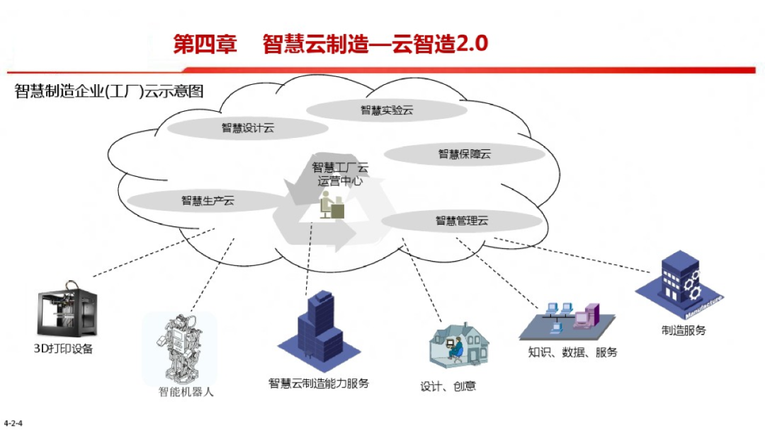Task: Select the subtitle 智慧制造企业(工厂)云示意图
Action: [109, 91]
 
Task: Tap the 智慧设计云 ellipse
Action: [247, 128]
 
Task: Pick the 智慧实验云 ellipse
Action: [387, 110]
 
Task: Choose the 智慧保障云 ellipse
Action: [464, 153]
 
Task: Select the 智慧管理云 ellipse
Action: [462, 221]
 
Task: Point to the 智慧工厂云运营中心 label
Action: [340, 174]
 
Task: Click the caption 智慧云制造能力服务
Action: [319, 383]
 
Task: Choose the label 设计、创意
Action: [448, 386]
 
